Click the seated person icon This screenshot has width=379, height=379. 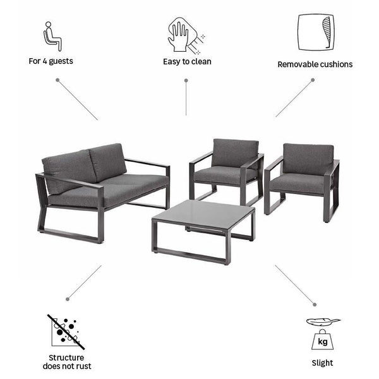point(52,37)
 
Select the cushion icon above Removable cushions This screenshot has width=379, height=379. point(316,32)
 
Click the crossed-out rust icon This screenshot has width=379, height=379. point(66,332)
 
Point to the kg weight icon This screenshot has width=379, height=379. point(322,340)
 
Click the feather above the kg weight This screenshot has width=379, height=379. point(323,322)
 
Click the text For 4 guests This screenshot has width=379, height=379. point(51,61)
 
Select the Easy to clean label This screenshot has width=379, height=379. point(187,62)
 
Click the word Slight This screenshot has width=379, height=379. point(322,363)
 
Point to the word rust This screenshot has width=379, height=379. point(83,366)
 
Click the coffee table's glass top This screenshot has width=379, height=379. point(204,213)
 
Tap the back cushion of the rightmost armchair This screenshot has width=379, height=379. point(308,159)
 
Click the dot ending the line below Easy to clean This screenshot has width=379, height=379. point(186,80)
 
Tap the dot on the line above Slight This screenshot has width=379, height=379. point(315,304)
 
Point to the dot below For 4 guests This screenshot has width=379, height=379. point(57,80)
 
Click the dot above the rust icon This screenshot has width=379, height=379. point(68,299)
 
